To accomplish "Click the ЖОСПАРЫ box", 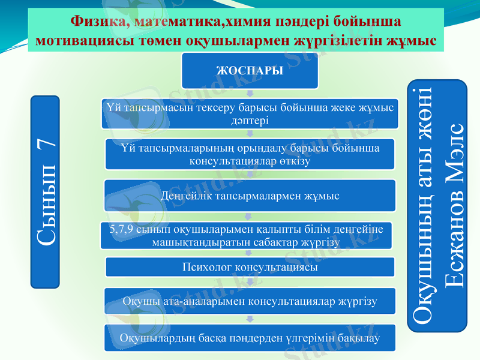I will click(x=250, y=71).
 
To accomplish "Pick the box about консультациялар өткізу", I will click(x=250, y=154).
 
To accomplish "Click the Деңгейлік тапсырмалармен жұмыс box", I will click(x=250, y=196).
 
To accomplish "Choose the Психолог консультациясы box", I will click(x=250, y=267).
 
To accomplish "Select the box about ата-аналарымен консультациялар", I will click(x=250, y=301).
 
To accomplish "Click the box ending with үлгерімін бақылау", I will click(x=250, y=338).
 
